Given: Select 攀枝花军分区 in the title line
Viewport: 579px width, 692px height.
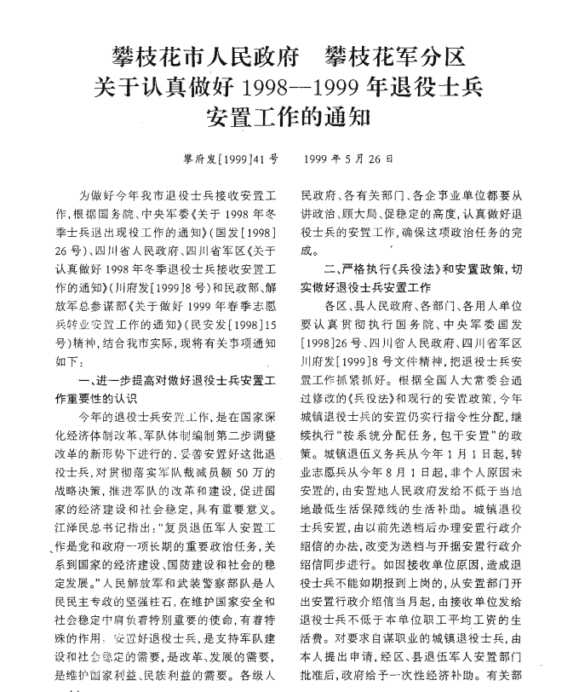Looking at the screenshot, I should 395,58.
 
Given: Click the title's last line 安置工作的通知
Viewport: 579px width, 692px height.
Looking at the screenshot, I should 289,115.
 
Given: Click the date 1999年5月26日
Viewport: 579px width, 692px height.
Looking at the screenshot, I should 348,159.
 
